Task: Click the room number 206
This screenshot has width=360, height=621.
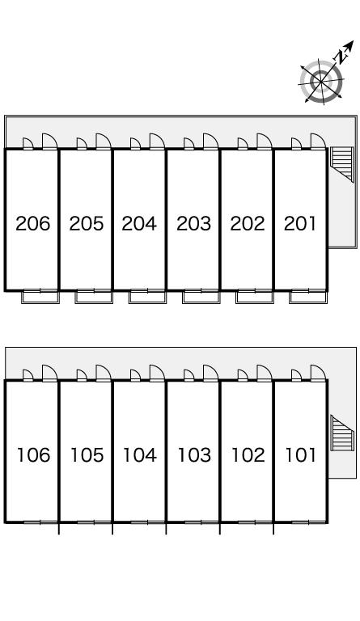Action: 33,223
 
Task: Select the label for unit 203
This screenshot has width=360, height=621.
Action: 193,223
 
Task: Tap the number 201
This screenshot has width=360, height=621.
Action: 300,223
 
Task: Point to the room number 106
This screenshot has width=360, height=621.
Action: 33,455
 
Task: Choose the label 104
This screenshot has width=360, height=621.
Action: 140,455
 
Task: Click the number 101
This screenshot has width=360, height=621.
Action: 301,455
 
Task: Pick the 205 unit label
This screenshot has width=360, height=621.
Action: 87,223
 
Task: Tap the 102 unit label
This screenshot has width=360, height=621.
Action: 248,455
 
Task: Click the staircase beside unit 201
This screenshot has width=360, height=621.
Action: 341,164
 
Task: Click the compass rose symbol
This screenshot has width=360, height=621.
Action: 321,81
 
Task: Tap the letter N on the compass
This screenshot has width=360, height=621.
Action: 341,57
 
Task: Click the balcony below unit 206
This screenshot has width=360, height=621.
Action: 40,297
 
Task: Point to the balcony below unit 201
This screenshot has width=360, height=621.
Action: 308,297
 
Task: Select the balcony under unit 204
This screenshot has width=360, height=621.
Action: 147,297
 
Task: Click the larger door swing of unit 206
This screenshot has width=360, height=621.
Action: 50,142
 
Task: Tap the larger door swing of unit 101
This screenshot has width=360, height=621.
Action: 318,373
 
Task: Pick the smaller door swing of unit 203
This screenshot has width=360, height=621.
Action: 189,144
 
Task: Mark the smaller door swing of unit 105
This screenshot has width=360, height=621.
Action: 82,375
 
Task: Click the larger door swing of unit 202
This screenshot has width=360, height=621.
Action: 265,142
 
